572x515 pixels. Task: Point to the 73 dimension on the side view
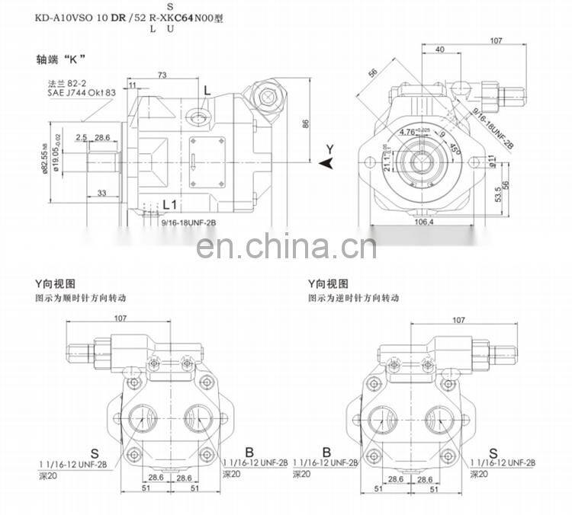coord(162,74)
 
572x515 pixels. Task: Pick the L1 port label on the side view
coord(171,204)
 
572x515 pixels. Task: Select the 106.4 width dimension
coord(423,222)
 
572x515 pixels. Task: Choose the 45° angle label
coord(456,148)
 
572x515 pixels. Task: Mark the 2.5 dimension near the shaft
coord(81,137)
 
